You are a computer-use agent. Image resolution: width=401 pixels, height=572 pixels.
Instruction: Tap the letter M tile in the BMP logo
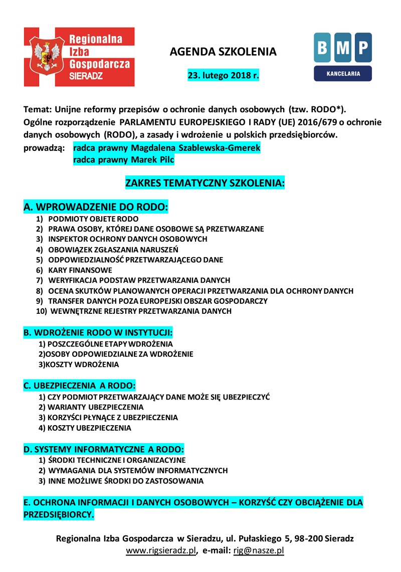click(x=343, y=47)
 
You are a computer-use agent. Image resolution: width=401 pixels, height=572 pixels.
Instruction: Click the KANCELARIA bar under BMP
click(x=343, y=73)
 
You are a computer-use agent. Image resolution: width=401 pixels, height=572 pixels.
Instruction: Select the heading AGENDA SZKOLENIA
click(x=223, y=52)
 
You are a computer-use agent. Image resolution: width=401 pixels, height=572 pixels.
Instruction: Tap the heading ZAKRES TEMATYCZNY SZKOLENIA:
click(x=205, y=183)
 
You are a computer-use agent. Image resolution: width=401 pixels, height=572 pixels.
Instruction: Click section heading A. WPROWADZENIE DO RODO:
click(x=96, y=207)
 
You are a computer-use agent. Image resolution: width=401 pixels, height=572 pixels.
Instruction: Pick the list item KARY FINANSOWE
click(x=80, y=270)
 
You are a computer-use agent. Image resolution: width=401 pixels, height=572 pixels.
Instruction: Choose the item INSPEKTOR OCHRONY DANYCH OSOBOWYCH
click(x=128, y=239)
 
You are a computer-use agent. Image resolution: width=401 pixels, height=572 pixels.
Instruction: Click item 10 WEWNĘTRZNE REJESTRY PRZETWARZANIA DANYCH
click(x=140, y=311)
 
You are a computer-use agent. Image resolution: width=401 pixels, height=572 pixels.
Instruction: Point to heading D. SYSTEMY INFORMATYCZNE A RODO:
click(x=104, y=449)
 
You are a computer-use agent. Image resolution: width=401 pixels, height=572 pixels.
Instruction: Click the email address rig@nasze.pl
click(x=259, y=550)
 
